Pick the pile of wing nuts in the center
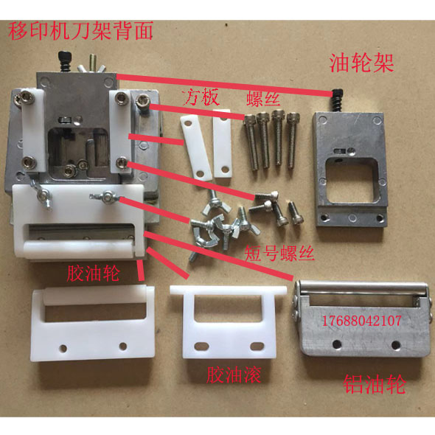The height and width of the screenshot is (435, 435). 221,221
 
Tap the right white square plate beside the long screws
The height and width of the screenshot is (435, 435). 222,148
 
